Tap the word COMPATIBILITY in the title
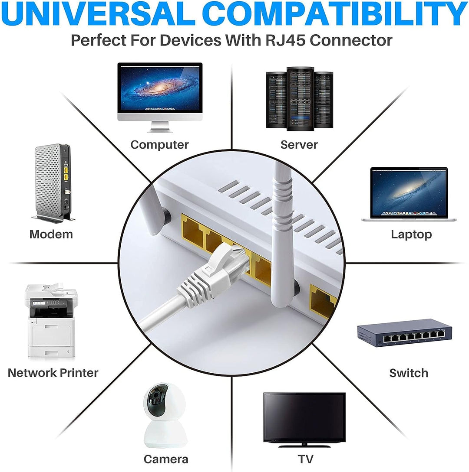(334, 14)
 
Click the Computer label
(159, 145)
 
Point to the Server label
(299, 145)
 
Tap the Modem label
(51, 234)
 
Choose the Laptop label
(411, 234)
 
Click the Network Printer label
(53, 373)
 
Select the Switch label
(408, 373)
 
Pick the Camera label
(166, 459)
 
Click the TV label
(306, 459)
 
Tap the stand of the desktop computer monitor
(160, 127)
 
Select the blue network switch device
(404, 332)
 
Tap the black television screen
(304, 417)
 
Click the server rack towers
(300, 99)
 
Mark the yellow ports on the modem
(66, 174)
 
